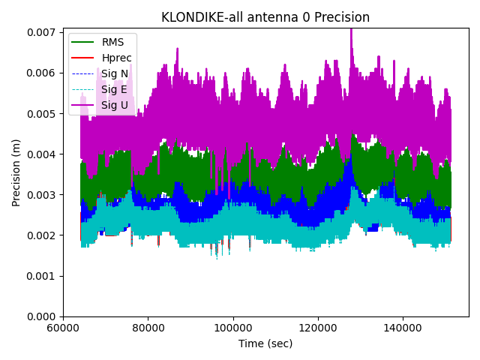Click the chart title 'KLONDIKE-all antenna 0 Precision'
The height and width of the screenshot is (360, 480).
[x=265, y=17]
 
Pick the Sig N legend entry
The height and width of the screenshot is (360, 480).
[x=114, y=73]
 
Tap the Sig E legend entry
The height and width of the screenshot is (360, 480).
[x=114, y=89]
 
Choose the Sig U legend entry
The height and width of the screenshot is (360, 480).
[x=114, y=105]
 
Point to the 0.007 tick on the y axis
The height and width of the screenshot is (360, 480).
[x=43, y=32]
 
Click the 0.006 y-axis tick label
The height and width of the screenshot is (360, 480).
[x=43, y=73]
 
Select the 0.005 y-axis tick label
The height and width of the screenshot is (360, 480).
[x=43, y=113]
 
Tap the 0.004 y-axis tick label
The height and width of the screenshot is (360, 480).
[x=43, y=154]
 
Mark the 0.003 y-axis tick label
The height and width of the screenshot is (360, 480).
[x=43, y=195]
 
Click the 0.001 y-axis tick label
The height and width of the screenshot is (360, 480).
[x=43, y=276]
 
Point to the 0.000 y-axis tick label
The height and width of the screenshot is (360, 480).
[x=43, y=316]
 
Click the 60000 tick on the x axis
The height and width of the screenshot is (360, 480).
[x=63, y=328]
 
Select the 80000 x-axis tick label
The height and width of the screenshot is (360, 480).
[x=148, y=328]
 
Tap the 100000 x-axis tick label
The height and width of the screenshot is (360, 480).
[x=233, y=328]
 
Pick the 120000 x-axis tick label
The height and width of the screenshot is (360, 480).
[x=318, y=328]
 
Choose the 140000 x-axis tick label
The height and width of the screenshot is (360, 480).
[x=403, y=328]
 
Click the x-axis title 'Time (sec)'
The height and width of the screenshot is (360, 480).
[x=265, y=343]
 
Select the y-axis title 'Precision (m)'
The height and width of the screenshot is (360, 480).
[x=16, y=172]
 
